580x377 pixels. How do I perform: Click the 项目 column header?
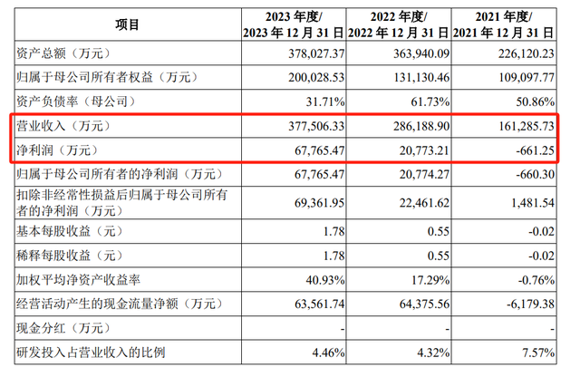127,24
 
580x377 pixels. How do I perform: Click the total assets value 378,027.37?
316,53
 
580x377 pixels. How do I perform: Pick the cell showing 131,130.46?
421,77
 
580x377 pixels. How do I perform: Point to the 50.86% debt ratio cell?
536,101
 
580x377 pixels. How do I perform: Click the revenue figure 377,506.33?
316,126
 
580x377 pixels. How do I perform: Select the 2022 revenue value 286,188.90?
421,126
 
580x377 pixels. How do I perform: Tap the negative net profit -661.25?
536,150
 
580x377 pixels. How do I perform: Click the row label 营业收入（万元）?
63,126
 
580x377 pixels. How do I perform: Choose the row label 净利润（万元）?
57,150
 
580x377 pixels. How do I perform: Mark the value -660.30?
536,174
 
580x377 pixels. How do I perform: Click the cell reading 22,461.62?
424,203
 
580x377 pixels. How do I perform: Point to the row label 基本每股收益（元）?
69,231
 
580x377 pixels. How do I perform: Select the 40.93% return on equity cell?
325,280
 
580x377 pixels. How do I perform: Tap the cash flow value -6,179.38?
530,304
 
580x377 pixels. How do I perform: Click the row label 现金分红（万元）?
63,328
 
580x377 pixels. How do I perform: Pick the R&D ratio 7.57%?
538,353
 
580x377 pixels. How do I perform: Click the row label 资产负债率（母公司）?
76,101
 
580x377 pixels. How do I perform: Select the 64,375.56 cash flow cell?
424,304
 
